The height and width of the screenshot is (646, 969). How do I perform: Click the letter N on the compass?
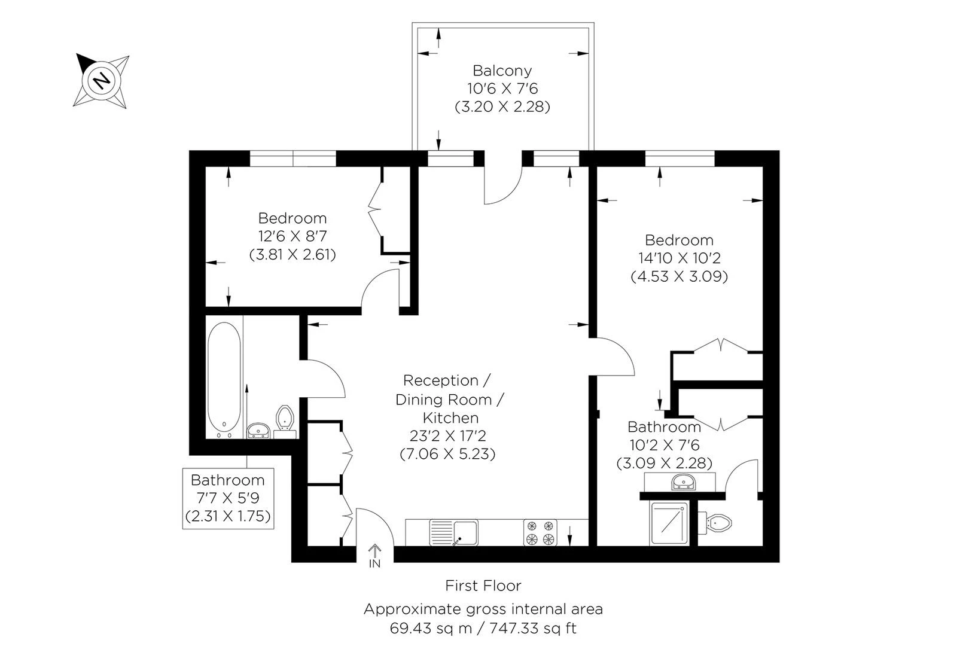point(102,80)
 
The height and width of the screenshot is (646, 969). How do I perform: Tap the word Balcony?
point(502,71)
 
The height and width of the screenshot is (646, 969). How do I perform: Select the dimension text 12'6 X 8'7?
point(292,236)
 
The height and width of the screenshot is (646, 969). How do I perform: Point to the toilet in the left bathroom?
point(285,418)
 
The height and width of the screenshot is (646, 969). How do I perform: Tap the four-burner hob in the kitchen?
point(540,532)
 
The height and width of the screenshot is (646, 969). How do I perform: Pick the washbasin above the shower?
point(681,482)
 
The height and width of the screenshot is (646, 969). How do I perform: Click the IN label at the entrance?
point(374,563)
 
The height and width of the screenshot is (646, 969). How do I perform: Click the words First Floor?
point(483,586)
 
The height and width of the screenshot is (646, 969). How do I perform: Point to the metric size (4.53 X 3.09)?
point(679,277)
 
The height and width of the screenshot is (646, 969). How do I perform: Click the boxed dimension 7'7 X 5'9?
point(227,498)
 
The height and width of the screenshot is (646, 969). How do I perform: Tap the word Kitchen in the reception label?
point(450,418)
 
